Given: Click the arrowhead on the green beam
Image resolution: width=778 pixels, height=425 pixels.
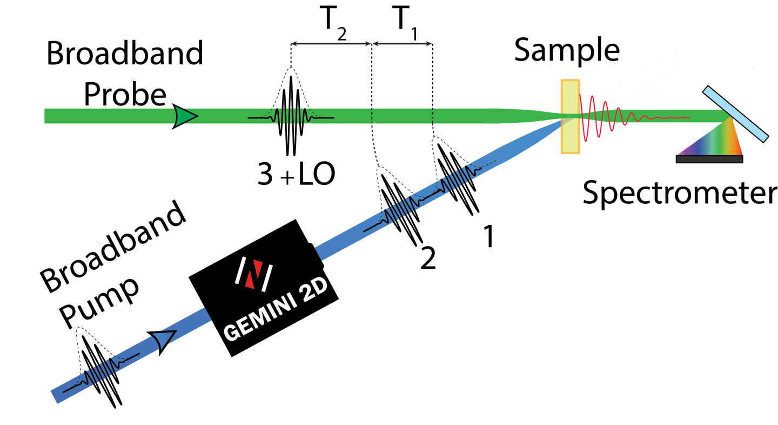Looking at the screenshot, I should tap(185, 116).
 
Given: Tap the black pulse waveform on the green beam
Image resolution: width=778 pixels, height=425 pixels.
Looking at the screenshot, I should tap(291, 116).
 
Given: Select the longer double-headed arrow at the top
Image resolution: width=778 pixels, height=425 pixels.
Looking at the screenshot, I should tap(331, 44).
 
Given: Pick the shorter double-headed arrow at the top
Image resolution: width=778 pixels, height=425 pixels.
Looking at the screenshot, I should tap(403, 44).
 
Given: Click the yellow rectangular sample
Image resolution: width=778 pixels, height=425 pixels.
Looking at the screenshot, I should tap(570, 117).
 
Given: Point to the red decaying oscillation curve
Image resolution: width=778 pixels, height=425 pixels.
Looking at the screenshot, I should tap(616, 117).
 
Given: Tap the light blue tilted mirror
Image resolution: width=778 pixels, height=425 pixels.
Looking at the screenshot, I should tap(735, 114).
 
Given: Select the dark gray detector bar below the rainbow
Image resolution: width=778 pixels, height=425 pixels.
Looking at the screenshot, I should tap(709, 159).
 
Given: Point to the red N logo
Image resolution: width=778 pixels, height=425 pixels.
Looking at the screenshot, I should tap(254, 274).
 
